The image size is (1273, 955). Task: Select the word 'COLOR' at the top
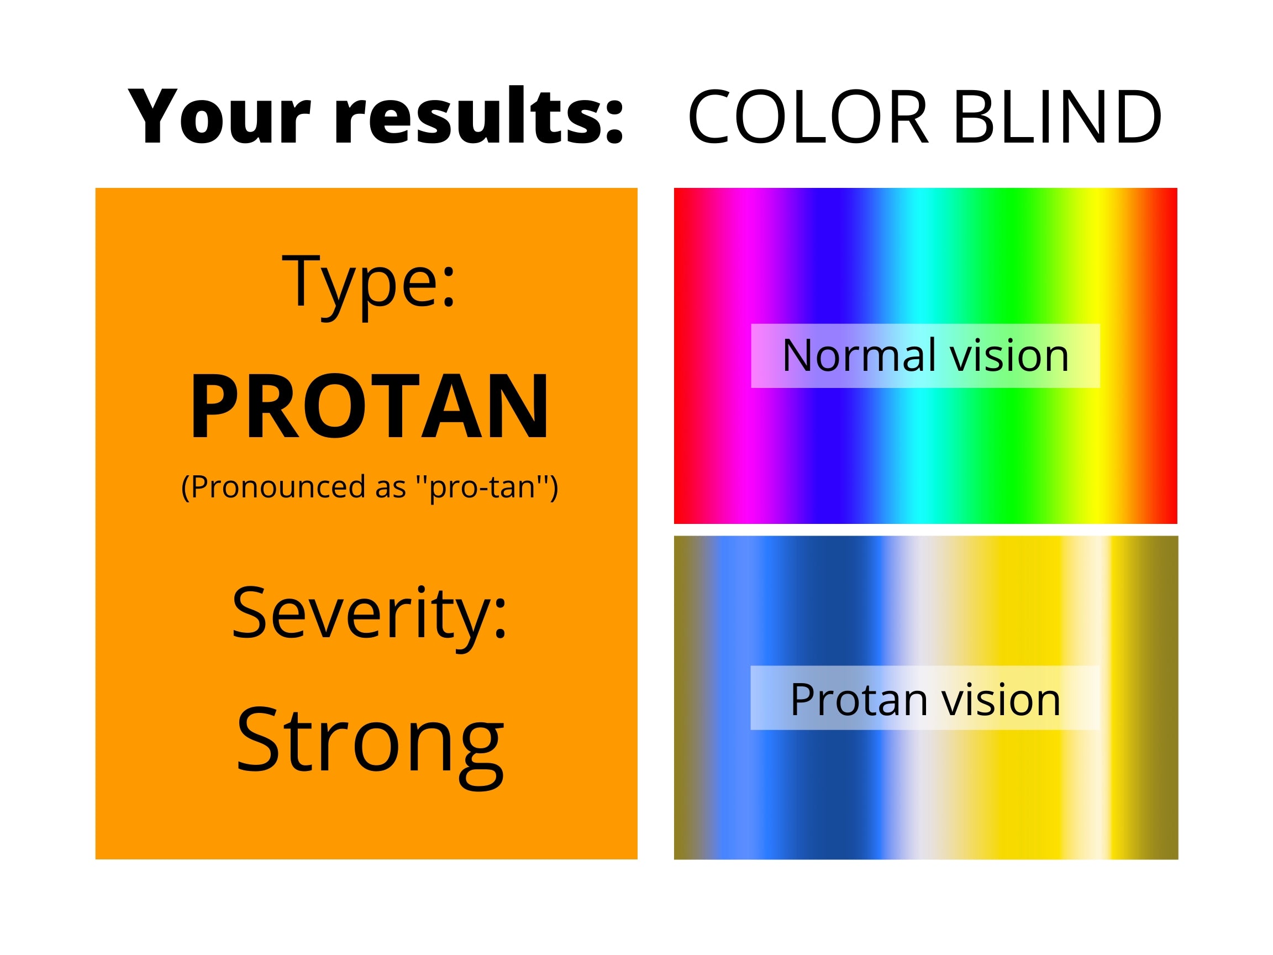[808, 117]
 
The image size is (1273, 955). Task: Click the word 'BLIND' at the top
[1057, 117]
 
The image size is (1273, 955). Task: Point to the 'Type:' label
[369, 286]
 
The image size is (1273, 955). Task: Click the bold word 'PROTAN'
[370, 406]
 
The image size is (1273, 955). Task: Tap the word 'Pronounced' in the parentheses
[278, 487]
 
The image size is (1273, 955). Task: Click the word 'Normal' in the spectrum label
[859, 356]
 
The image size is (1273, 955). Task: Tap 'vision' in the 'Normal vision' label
[1009, 356]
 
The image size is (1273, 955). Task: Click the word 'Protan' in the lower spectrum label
[858, 700]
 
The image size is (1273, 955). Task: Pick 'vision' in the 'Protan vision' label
[1001, 700]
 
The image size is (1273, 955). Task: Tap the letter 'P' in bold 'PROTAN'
[213, 406]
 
